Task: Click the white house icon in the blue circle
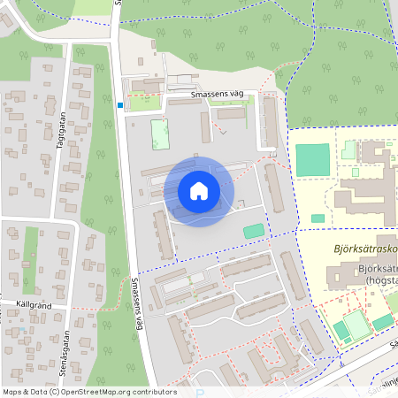point(199,191)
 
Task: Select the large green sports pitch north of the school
point(311,159)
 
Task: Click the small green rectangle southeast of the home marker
point(254,231)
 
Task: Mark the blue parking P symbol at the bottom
point(200,393)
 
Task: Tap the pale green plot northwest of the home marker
point(160,134)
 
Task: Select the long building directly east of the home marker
point(274,187)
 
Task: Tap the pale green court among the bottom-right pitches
point(356,325)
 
